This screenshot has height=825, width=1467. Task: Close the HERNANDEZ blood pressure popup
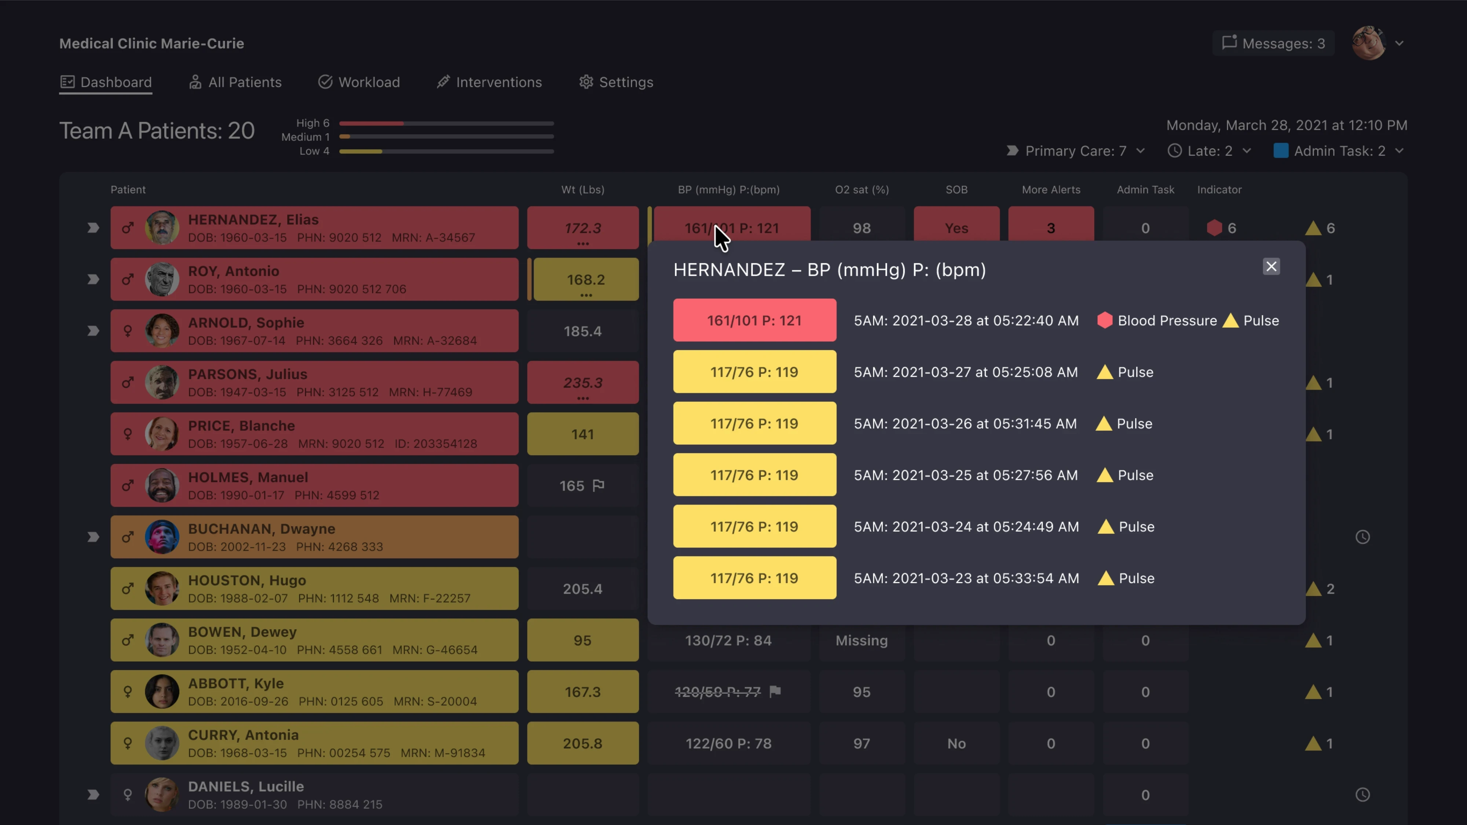tap(1271, 267)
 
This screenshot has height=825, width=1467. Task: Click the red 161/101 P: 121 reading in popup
tap(754, 320)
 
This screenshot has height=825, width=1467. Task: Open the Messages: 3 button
tap(1273, 43)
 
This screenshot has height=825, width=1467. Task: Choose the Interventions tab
tap(489, 82)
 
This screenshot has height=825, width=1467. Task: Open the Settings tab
tap(616, 82)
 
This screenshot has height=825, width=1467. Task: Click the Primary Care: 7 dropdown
tap(1076, 151)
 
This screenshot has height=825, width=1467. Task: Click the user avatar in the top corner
tap(1368, 43)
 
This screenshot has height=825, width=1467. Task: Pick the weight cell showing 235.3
tap(583, 382)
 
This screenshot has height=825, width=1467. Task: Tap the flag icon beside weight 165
tap(599, 486)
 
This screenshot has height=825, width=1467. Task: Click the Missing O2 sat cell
tap(861, 641)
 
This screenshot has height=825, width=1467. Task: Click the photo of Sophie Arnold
tap(162, 331)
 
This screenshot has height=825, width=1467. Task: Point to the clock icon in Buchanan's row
tap(1362, 537)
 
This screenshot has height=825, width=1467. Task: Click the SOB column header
tap(956, 190)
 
